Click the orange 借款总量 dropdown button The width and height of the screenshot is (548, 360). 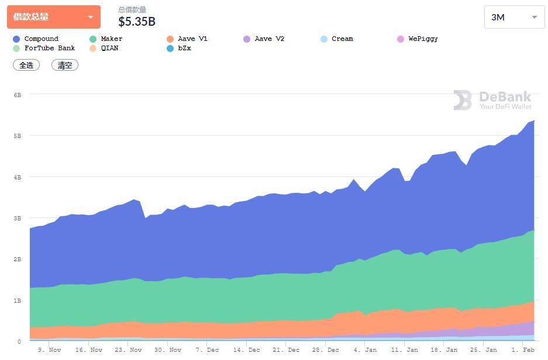pyautogui.click(x=53, y=17)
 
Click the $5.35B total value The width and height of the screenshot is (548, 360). pyautogui.click(x=137, y=22)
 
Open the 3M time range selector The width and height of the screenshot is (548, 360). pyautogui.click(x=514, y=18)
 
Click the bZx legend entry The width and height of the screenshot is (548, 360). pyautogui.click(x=184, y=49)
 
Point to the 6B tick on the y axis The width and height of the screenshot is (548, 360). pyautogui.click(x=18, y=95)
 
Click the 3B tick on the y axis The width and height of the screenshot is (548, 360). pyautogui.click(x=18, y=218)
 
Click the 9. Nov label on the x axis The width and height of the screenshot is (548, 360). pyautogui.click(x=49, y=350)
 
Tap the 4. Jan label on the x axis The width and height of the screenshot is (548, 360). pyautogui.click(x=365, y=350)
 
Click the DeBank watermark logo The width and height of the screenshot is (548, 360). pyautogui.click(x=492, y=100)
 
